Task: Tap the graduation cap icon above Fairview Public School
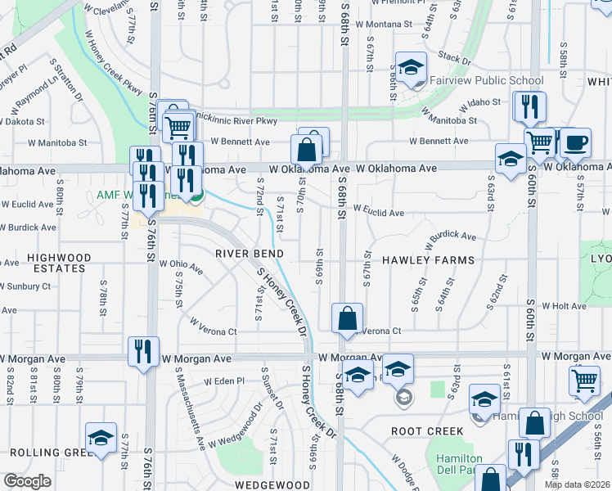point(412,66)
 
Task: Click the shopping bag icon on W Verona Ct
point(348,318)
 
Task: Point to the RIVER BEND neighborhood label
point(248,254)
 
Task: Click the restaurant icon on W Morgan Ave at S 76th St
point(143,352)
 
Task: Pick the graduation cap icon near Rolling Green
point(101,437)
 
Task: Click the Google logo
point(27,481)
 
